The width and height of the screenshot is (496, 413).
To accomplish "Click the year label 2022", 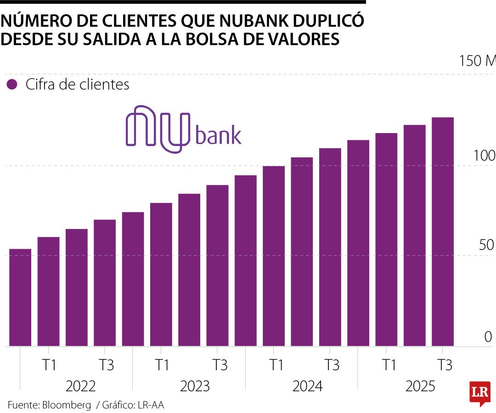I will point(80,386).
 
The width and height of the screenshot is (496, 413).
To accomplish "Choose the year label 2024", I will point(307,386).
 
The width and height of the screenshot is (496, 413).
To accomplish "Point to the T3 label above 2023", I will point(220,365).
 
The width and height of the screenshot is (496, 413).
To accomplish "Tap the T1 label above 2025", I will point(389,365).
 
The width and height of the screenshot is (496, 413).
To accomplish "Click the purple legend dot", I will point(12,85).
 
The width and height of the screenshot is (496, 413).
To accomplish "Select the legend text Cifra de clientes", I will point(77,85).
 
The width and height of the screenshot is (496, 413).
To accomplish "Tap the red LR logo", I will point(479,393).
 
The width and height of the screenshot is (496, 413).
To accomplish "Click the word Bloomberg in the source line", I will point(67,405).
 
